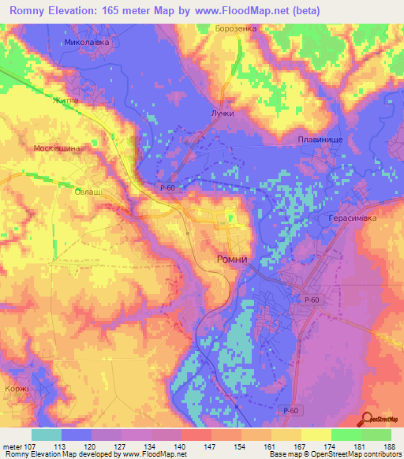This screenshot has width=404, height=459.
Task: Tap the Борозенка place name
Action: click(x=236, y=28)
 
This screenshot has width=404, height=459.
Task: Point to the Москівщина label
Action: click(x=58, y=148)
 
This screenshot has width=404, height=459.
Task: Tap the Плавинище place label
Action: click(x=320, y=140)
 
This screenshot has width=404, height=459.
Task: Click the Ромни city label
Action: click(x=234, y=259)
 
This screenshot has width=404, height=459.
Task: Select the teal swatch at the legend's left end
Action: click(x=47, y=435)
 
